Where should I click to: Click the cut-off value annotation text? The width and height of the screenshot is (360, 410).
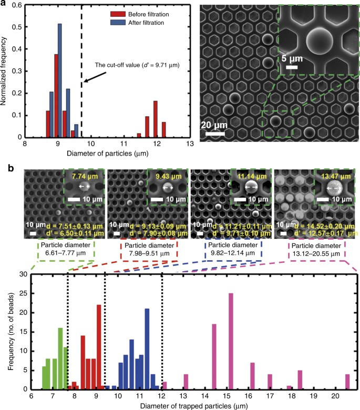coord(128,65)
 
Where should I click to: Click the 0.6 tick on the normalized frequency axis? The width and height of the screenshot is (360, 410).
coord(17,6)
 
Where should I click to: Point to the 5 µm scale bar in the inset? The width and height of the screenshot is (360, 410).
coord(292,67)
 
